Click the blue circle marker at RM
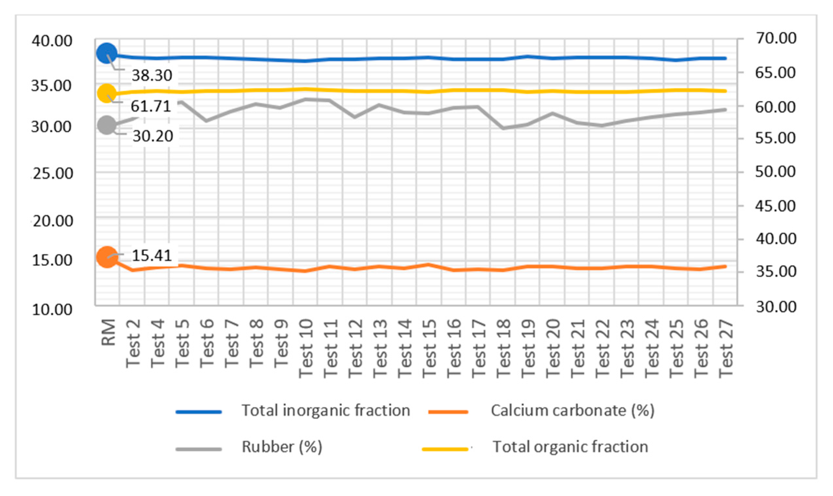pos(106,53)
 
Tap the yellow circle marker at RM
pos(106,93)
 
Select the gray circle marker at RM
pos(106,125)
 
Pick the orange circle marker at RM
pos(107,257)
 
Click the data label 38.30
pos(152,76)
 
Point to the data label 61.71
pos(151,106)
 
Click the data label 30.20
pos(153,136)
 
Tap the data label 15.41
pos(152,255)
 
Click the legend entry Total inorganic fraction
pos(326,410)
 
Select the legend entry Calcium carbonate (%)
pos(572,410)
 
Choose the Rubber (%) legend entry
pos(282,447)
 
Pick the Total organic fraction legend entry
pos(570,447)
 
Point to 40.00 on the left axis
pos(52,41)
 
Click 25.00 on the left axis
pos(53,174)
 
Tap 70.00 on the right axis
pos(776,38)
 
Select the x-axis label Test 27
pos(726,348)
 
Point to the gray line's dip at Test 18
pos(503,128)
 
